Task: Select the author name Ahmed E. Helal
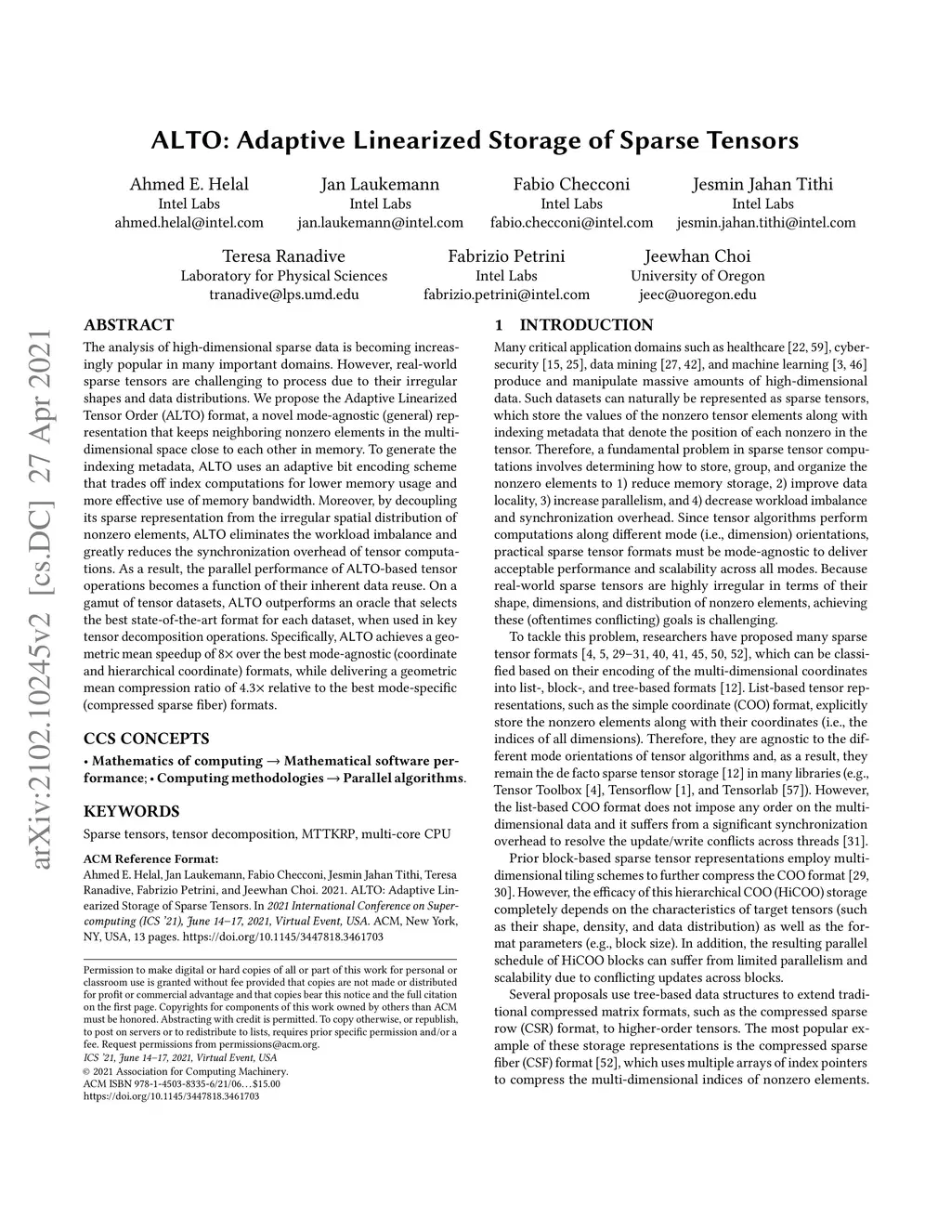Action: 189,184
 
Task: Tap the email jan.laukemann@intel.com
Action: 380,223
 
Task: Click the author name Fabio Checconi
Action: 571,184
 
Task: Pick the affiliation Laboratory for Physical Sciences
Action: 283,276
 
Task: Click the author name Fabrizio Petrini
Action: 506,256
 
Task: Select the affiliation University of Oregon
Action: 697,276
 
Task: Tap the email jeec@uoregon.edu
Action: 697,295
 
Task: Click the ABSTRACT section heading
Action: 128,325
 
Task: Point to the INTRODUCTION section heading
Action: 585,325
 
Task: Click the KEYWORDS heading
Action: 131,811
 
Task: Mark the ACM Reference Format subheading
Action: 150,858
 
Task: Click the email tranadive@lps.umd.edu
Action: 283,295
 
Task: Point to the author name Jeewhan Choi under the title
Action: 697,256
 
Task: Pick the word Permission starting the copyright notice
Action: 105,970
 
